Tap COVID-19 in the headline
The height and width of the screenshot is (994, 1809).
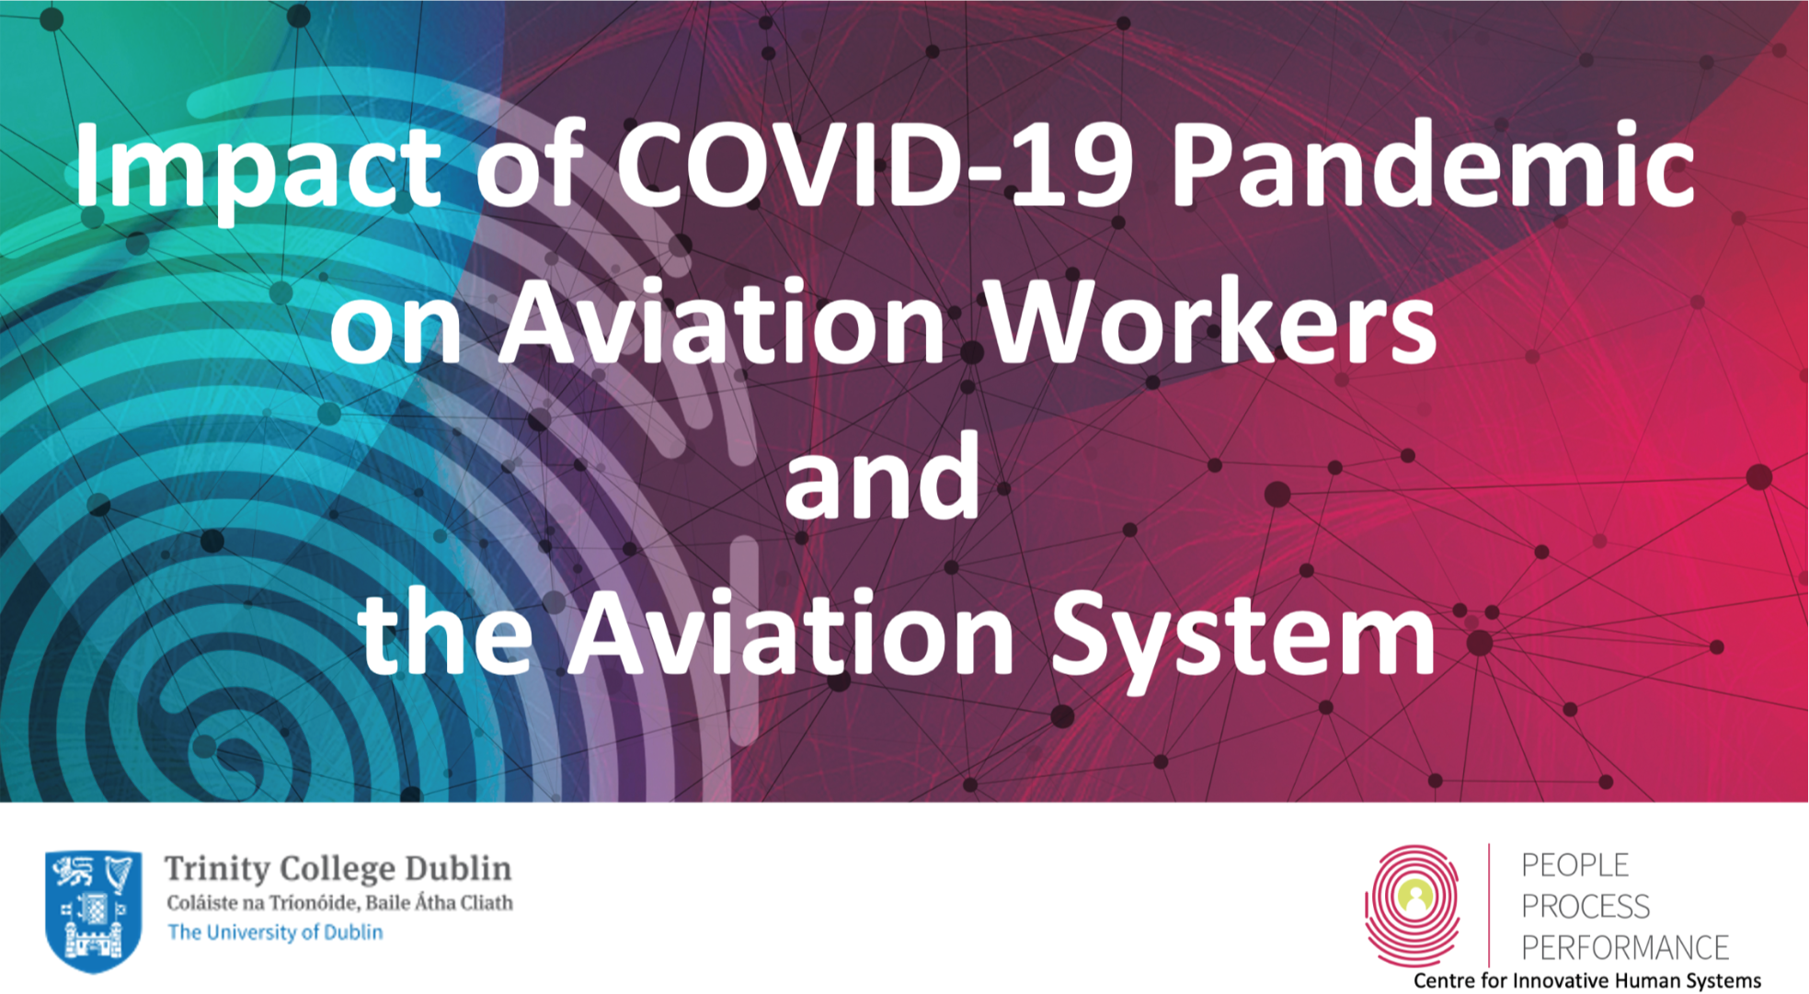click(875, 166)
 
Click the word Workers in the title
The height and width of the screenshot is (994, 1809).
click(1212, 322)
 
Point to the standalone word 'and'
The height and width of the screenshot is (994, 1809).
click(882, 475)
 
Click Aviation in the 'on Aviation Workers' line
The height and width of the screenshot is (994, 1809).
click(722, 322)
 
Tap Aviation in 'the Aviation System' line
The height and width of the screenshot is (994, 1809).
click(790, 633)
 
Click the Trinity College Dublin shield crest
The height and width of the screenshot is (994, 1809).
click(93, 910)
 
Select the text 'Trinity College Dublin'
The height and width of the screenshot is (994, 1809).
click(338, 869)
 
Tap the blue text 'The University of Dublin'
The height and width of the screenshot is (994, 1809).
click(275, 932)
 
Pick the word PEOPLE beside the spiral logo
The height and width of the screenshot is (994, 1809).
click(1574, 865)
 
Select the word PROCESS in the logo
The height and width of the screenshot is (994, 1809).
click(1586, 907)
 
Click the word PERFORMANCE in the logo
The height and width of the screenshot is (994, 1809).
click(1625, 947)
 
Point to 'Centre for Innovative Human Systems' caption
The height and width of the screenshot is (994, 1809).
click(1587, 981)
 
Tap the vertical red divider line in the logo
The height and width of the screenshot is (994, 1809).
click(1489, 905)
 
